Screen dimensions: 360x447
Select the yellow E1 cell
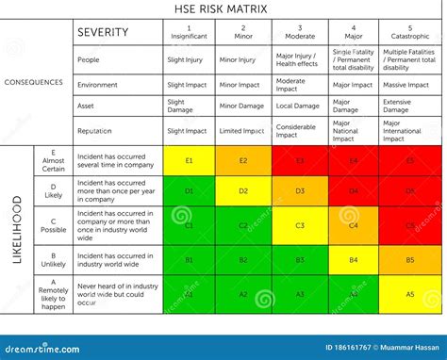tap(189, 161)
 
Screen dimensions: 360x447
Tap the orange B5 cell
tap(409, 259)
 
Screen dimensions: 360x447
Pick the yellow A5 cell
tap(409, 294)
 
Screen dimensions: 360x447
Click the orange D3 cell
tap(300, 191)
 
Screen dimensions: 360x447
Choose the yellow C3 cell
tap(300, 225)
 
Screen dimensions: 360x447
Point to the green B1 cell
tap(189, 259)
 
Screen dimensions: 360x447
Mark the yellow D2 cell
tap(243, 191)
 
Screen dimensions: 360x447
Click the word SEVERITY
tap(104, 32)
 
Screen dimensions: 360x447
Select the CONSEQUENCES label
tap(34, 82)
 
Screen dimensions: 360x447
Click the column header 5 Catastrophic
tap(409, 32)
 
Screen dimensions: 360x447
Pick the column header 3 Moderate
tap(300, 32)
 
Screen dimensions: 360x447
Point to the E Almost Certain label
tap(54, 161)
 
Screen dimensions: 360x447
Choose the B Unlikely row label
tap(54, 259)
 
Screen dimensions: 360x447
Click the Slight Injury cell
tap(189, 59)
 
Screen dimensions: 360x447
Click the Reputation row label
tap(98, 131)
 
